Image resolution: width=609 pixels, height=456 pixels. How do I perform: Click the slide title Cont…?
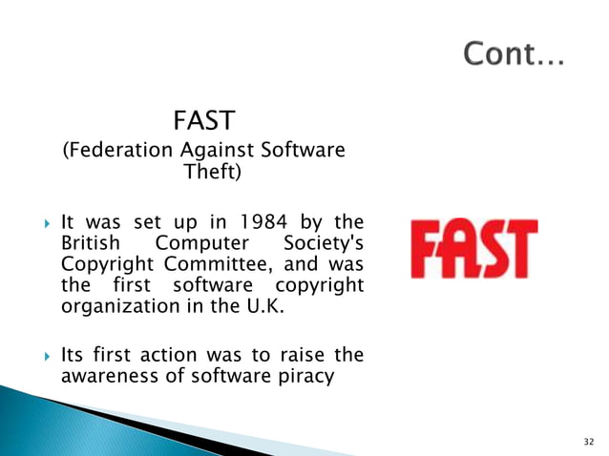point(514,55)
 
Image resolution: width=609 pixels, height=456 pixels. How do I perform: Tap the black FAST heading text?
point(203,122)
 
